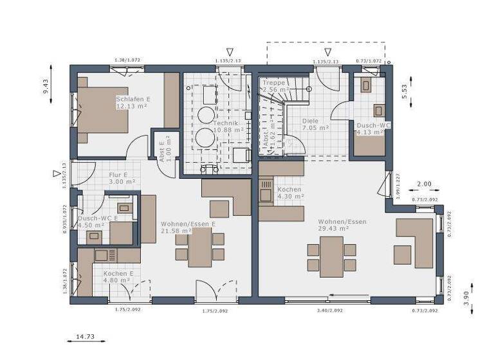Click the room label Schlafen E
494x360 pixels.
133,99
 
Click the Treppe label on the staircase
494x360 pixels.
274,83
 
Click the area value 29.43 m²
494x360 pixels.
333,228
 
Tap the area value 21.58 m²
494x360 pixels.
176,231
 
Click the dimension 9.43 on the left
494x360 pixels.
46,86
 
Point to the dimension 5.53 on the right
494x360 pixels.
404,90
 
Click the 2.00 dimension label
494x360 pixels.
425,184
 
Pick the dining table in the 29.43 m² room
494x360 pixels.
332,256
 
